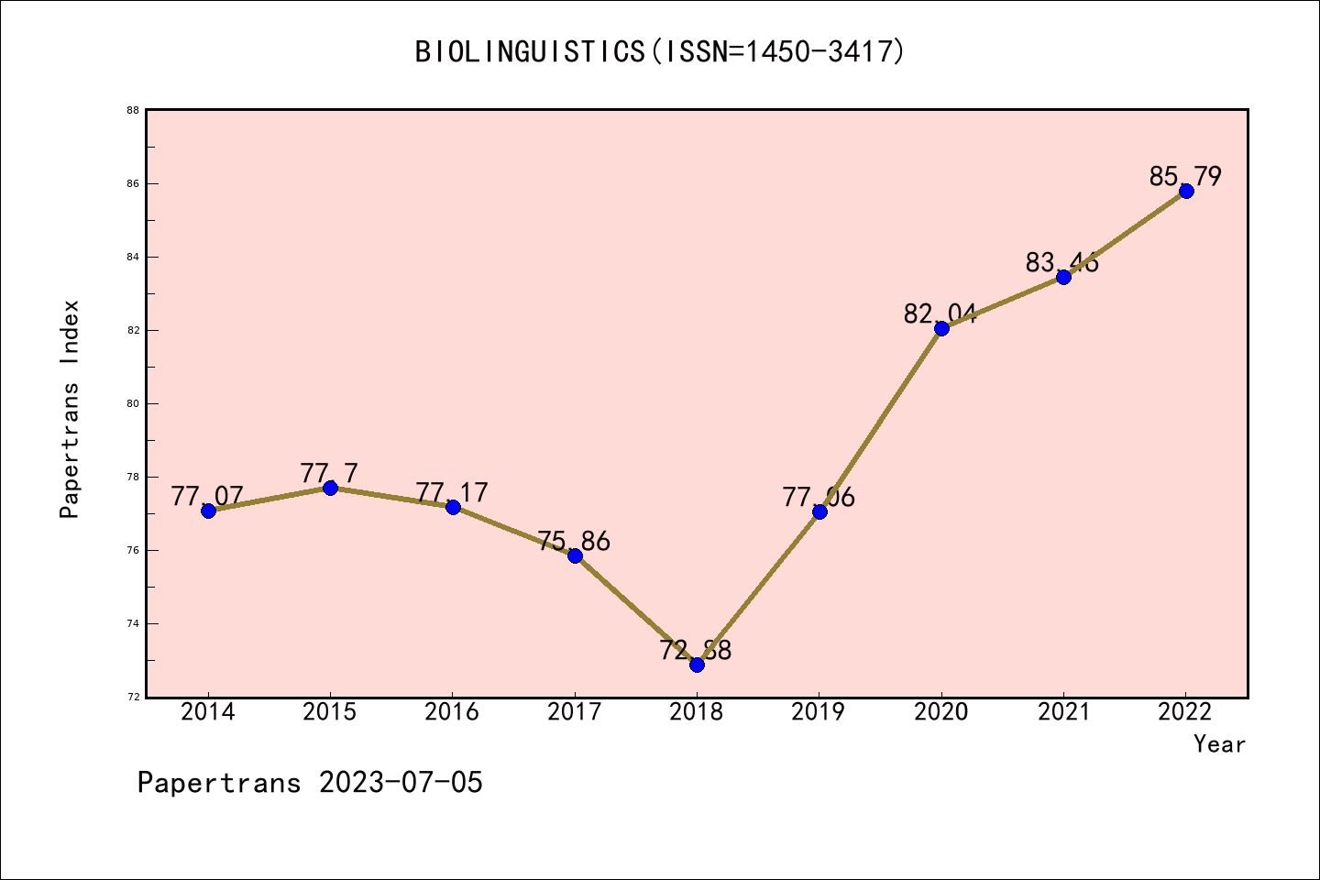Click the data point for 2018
(697, 665)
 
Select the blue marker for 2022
(1186, 191)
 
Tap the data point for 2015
(330, 488)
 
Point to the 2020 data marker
(941, 328)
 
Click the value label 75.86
(574, 542)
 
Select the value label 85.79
(1185, 176)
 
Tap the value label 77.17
(452, 493)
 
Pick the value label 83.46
(1062, 263)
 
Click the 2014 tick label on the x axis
(208, 712)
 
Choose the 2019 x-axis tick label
(819, 712)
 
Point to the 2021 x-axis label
(1063, 712)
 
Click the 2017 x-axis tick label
(575, 712)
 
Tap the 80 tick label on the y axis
(133, 403)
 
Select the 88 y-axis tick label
(133, 111)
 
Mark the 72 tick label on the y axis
(133, 697)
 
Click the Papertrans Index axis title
(70, 409)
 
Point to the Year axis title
(1219, 744)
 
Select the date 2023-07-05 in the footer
(401, 783)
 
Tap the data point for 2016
(453, 507)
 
